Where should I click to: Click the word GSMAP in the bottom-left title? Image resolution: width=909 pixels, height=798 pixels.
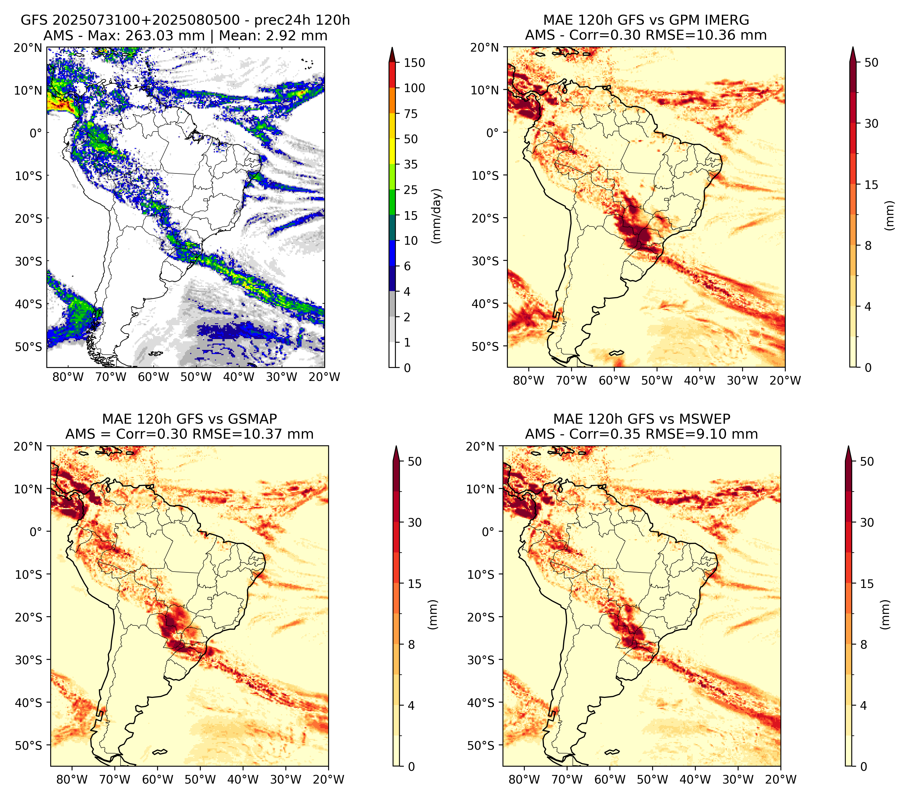(x=255, y=419)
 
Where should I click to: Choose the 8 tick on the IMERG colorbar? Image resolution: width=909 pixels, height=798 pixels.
(x=868, y=246)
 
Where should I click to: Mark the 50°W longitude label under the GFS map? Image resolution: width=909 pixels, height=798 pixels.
(x=196, y=377)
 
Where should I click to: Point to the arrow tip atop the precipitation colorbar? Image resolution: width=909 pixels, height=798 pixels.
(x=392, y=47)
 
